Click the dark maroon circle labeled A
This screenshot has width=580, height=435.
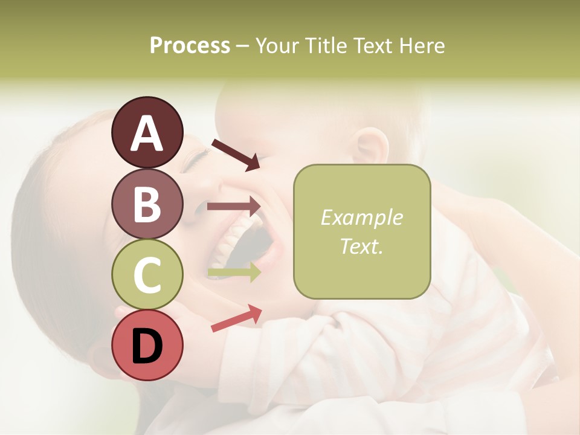click(x=147, y=132)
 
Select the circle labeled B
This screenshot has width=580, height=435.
click(x=147, y=204)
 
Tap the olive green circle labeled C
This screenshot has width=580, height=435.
click(x=147, y=274)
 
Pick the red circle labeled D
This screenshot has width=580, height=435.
click(x=147, y=346)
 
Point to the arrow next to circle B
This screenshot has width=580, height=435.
click(x=234, y=206)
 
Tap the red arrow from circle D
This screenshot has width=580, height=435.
click(x=236, y=319)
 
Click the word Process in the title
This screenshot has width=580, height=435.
click(x=190, y=46)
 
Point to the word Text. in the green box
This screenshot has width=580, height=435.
click(x=361, y=246)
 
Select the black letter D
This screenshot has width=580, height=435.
click(x=147, y=346)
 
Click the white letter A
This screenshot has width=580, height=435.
click(x=147, y=133)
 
